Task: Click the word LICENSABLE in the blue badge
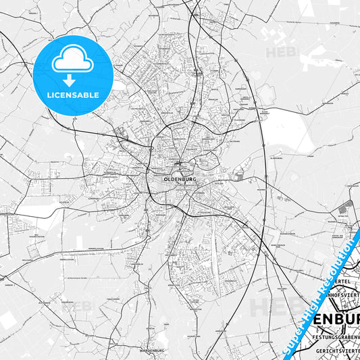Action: pos(73,95)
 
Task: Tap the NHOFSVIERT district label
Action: pos(339,295)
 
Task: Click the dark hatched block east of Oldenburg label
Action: pos(240,176)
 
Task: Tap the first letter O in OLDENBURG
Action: pos(165,179)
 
